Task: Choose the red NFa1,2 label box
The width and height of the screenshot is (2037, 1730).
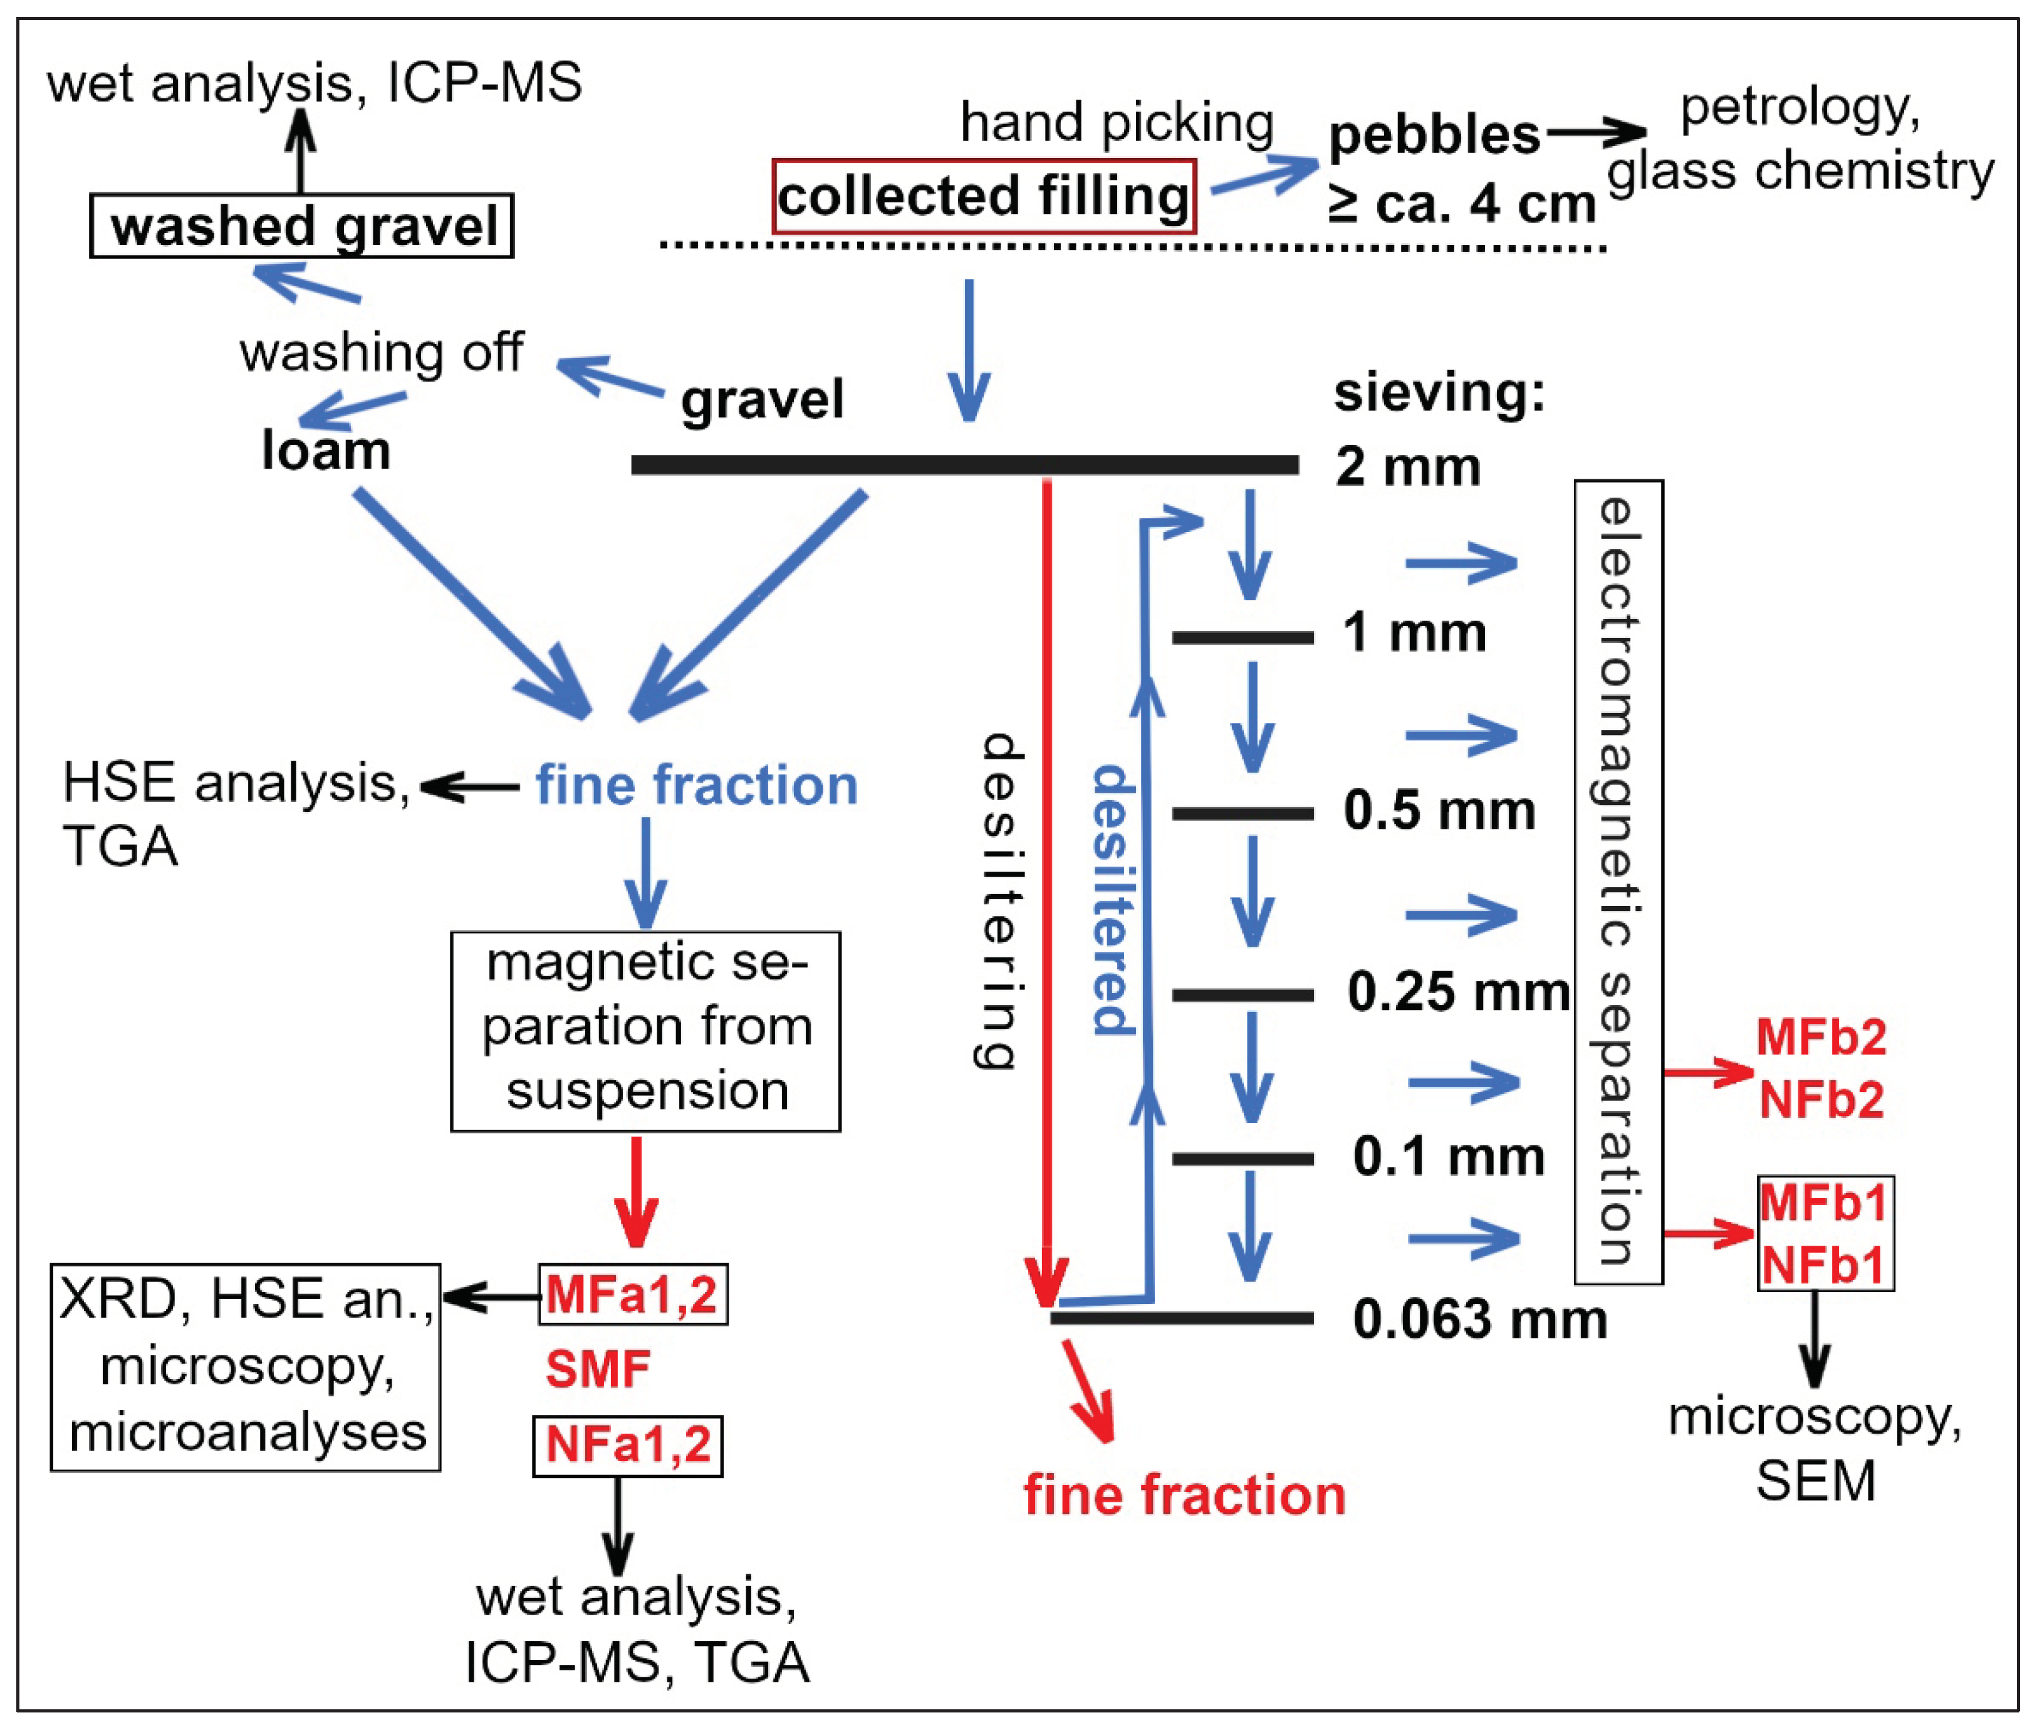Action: coord(628,1446)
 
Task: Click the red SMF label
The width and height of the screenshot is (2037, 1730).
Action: coord(597,1369)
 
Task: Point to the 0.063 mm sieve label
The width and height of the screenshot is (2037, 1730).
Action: coord(1479,1319)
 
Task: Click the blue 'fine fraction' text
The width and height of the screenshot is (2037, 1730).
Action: coord(696,786)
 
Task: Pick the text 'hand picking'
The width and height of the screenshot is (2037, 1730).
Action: coord(1116,123)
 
